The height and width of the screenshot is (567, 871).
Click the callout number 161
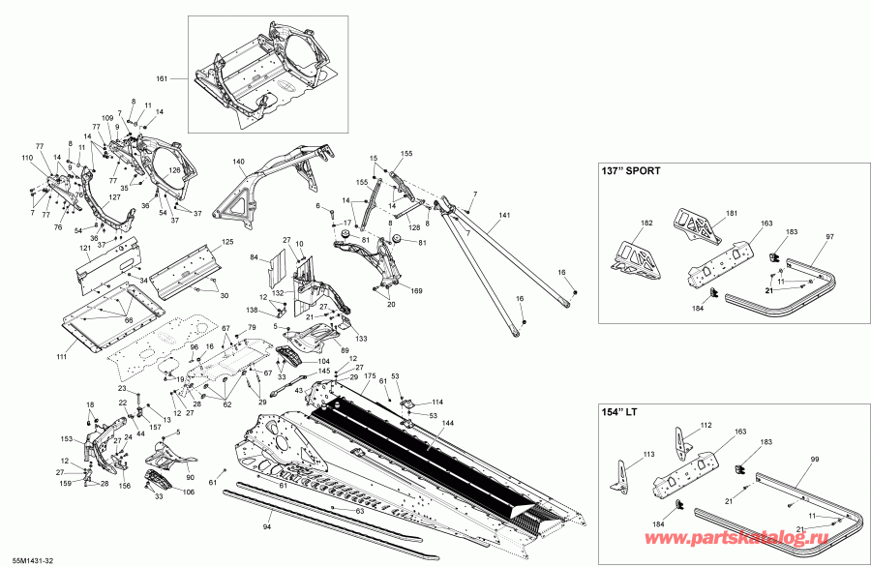162,76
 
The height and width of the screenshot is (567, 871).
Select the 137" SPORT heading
631,171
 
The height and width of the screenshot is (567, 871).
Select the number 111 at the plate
62,358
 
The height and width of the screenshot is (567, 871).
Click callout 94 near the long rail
267,528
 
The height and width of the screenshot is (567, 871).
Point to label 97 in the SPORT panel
829,236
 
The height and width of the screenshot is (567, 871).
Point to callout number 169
416,290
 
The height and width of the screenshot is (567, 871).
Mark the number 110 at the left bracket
26,157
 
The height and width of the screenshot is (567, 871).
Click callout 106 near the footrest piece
189,492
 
